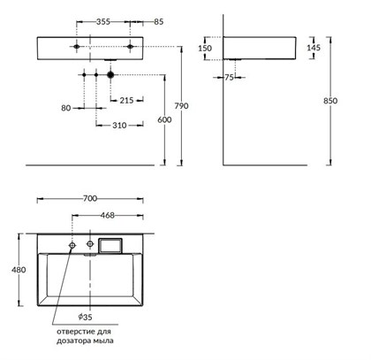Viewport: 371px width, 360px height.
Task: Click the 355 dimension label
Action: coord(103,21)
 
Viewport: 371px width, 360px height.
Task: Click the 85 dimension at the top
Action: coord(158,21)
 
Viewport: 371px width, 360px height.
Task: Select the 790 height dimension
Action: coord(181,106)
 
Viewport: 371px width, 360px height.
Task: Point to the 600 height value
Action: coord(164,119)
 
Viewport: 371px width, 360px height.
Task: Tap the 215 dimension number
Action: coord(126,100)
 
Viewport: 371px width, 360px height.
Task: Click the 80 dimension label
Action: coord(66,108)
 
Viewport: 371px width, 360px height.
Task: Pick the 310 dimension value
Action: coord(119,126)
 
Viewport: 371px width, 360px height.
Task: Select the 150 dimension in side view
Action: coord(205,48)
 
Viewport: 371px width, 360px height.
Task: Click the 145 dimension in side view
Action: coord(314,48)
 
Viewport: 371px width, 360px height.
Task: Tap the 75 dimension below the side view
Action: coord(229,77)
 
